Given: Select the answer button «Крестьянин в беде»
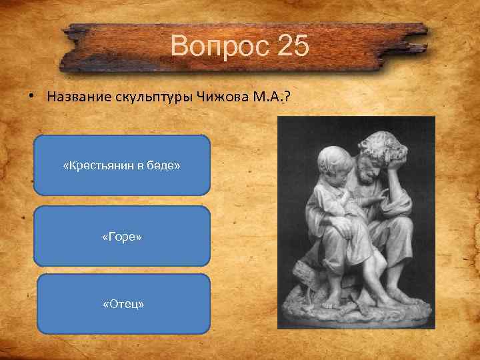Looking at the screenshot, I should point(121,165).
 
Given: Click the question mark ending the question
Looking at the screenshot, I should point(287,97).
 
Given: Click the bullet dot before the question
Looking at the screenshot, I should point(31,96).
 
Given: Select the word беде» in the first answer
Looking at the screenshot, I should point(165,165).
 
